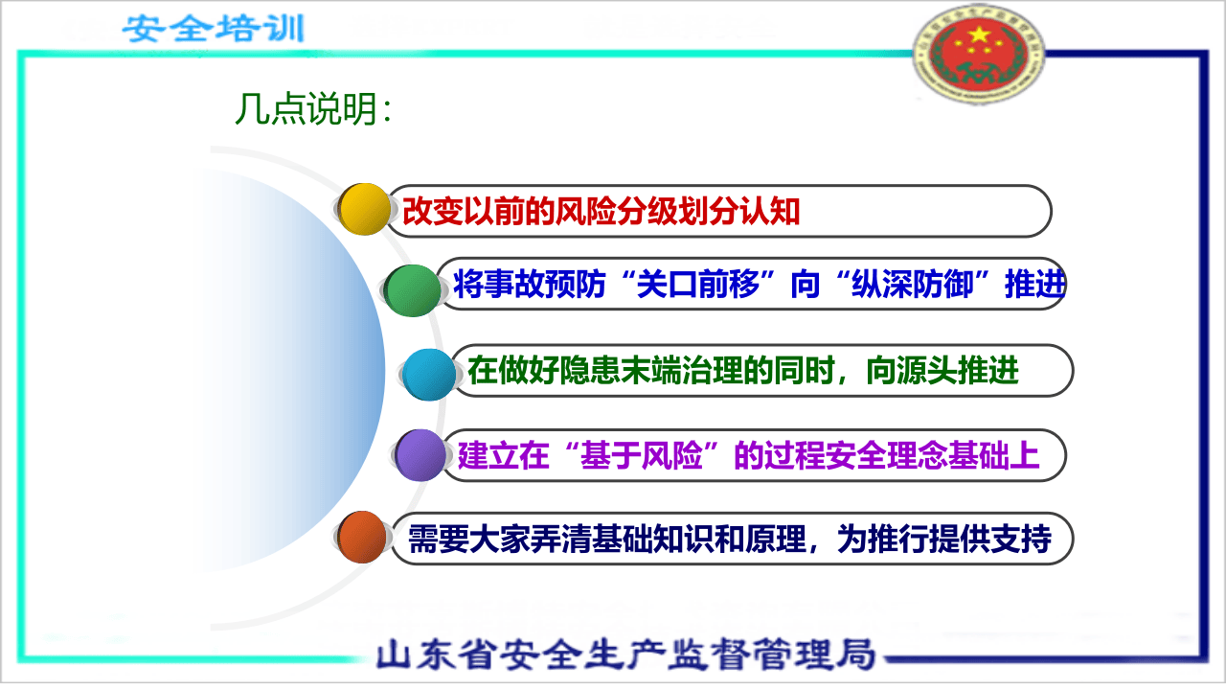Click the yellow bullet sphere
pos(365,209)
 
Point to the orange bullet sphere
pos(362,538)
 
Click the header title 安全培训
pos(213,28)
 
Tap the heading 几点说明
pos(313,110)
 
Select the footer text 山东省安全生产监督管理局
pos(625,655)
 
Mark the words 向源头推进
pos(942,371)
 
